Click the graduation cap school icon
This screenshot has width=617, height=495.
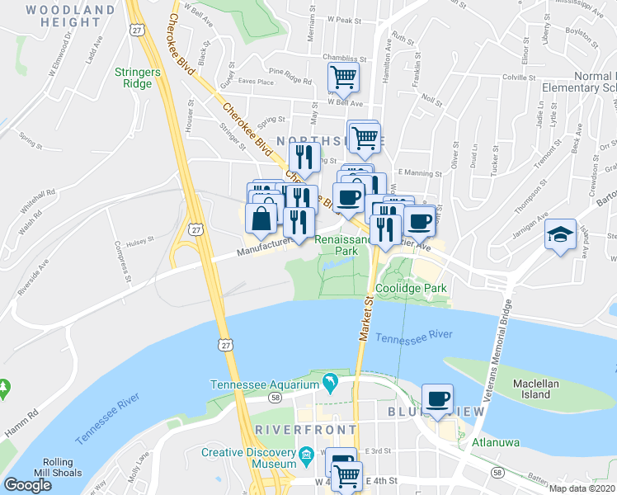coord(560,236)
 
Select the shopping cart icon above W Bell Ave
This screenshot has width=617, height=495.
coord(342,79)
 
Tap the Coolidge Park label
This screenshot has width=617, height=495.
coord(411,289)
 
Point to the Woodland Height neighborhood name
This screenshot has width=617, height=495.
coord(70,16)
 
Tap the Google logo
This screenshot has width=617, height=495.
coord(27,485)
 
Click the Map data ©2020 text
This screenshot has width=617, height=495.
coord(582,488)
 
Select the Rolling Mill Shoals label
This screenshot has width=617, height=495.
coord(57,467)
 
